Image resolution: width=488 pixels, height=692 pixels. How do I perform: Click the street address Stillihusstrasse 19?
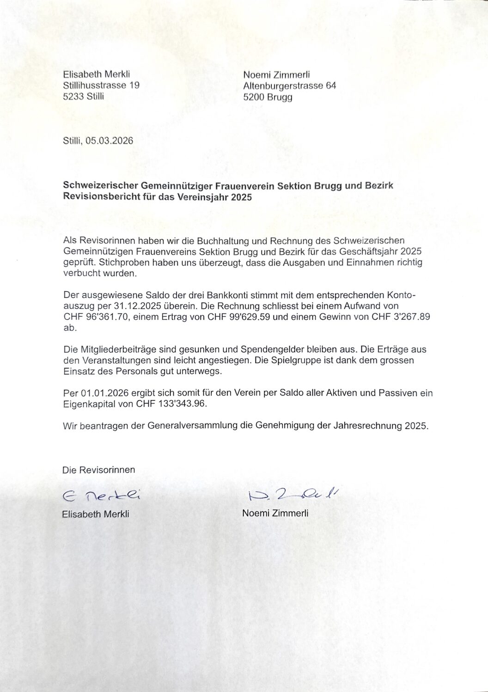(x=101, y=85)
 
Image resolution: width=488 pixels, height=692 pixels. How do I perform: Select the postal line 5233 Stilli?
(x=83, y=97)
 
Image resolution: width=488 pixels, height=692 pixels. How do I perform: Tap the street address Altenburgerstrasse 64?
(x=289, y=86)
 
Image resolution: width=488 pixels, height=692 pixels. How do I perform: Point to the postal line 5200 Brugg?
(x=268, y=97)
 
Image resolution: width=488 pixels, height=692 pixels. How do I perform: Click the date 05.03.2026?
(x=109, y=141)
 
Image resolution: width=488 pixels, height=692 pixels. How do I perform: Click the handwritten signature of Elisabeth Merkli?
(x=101, y=496)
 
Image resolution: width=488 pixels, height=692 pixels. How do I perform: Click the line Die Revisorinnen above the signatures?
(x=98, y=470)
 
